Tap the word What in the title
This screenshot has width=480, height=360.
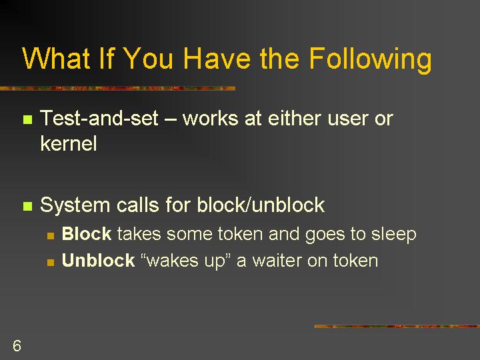click(56, 58)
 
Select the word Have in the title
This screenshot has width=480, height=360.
click(217, 58)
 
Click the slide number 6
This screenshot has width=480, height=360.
click(17, 345)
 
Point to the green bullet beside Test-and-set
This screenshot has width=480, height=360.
click(27, 119)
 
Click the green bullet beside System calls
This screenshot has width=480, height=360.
click(27, 206)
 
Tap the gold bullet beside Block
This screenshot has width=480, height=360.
click(51, 235)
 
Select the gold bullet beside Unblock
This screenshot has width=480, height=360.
click(51, 262)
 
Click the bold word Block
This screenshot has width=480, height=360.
click(87, 233)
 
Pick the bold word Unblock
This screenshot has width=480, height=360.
click(98, 260)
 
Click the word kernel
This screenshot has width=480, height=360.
click(69, 143)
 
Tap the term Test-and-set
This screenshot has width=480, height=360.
click(99, 118)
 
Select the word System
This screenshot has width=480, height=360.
click(75, 205)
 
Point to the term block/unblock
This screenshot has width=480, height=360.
click(261, 205)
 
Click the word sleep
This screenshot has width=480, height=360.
click(394, 235)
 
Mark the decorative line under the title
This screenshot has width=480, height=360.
click(117, 89)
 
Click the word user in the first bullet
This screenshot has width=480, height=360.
click(347, 120)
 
